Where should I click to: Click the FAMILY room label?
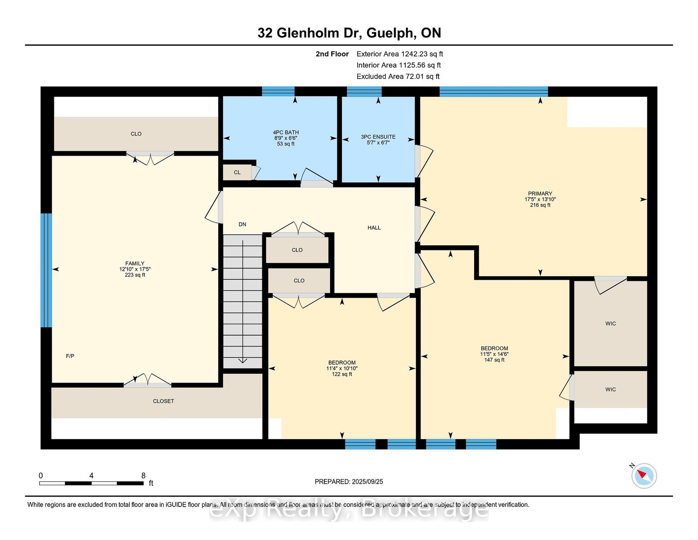pyautogui.click(x=134, y=263)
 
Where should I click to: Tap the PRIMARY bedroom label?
pyautogui.click(x=540, y=193)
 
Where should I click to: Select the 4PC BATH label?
pyautogui.click(x=286, y=132)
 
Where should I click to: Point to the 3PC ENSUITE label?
pyautogui.click(x=378, y=137)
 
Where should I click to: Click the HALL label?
pyautogui.click(x=374, y=228)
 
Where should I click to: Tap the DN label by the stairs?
pyautogui.click(x=242, y=225)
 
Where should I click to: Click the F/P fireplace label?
pyautogui.click(x=70, y=356)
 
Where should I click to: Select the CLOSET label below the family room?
pyautogui.click(x=163, y=401)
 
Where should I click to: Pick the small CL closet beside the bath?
pyautogui.click(x=237, y=172)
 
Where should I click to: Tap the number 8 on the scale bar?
pyautogui.click(x=143, y=476)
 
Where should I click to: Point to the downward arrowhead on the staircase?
pyautogui.click(x=242, y=361)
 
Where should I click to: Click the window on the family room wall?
pyautogui.click(x=46, y=270)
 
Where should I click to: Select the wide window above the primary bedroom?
pyautogui.click(x=493, y=91)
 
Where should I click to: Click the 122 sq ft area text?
pyautogui.click(x=342, y=374)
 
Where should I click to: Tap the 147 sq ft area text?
pyautogui.click(x=494, y=360)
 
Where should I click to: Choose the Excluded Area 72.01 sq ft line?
pyautogui.click(x=398, y=76)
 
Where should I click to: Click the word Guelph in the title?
pyautogui.click(x=390, y=33)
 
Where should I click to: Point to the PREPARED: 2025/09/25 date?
pyautogui.click(x=349, y=481)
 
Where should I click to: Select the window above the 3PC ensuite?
pyautogui.click(x=364, y=91)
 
